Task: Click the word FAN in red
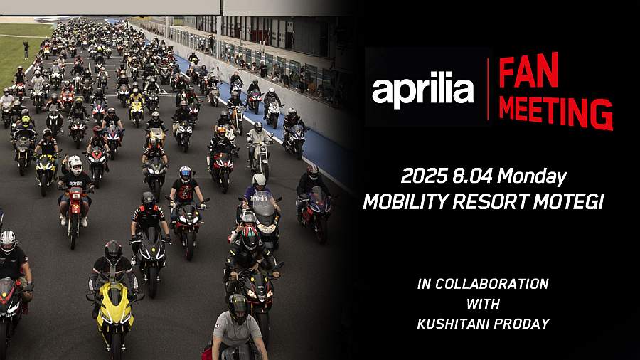(x=528, y=70)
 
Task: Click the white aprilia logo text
(x=423, y=90)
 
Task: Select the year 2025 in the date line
(x=425, y=176)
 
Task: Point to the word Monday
(x=532, y=178)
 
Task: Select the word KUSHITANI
(x=454, y=324)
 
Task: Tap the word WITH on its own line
(x=483, y=304)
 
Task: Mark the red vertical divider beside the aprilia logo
(x=488, y=89)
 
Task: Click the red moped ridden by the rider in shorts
(x=75, y=212)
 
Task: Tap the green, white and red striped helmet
(x=250, y=237)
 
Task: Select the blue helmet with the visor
(x=186, y=174)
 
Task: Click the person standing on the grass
(x=26, y=50)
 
